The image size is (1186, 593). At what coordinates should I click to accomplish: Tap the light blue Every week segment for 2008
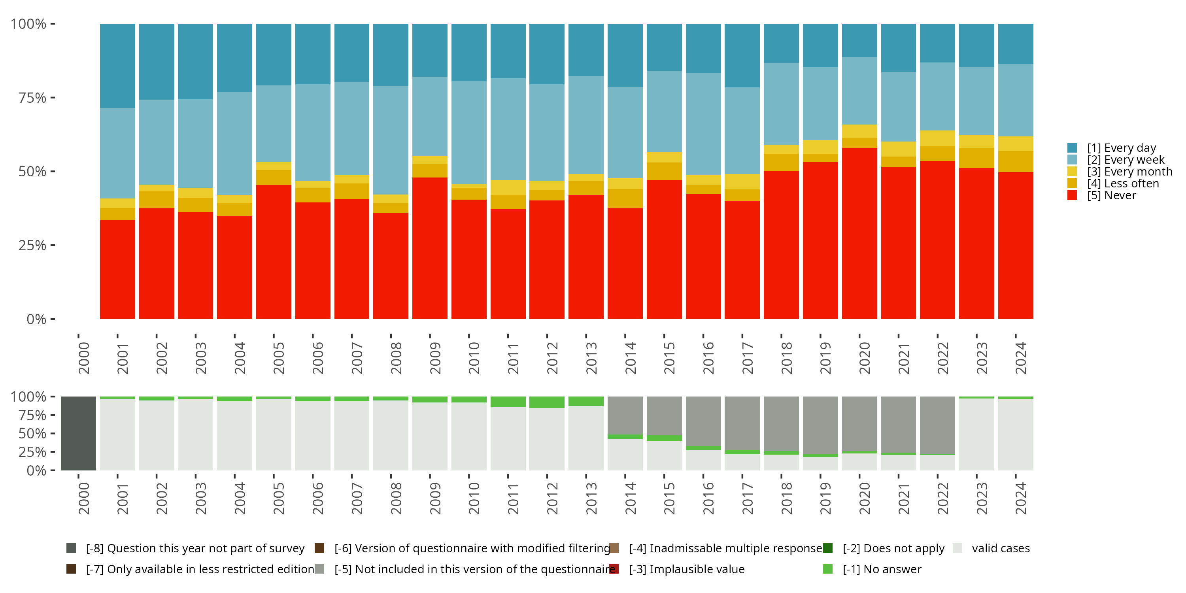pos(391,140)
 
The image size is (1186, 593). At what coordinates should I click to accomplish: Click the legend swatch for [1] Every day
pos(1072,148)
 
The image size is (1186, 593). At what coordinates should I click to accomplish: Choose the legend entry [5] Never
pos(1111,196)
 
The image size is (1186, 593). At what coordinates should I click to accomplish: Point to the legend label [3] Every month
pos(1129,172)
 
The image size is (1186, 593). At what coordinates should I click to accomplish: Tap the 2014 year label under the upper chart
pos(630,358)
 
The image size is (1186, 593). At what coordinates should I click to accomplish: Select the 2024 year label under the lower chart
pos(1021,499)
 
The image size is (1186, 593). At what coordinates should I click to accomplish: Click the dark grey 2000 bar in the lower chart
pos(78,433)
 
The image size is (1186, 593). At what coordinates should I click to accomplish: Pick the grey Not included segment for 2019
pos(820,425)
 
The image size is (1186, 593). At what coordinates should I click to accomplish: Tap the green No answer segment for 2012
pos(546,402)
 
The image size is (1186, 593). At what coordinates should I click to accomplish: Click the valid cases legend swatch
pos(957,548)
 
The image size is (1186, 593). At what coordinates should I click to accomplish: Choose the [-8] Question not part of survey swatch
pos(71,548)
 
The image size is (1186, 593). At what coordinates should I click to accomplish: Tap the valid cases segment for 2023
pos(976,434)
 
